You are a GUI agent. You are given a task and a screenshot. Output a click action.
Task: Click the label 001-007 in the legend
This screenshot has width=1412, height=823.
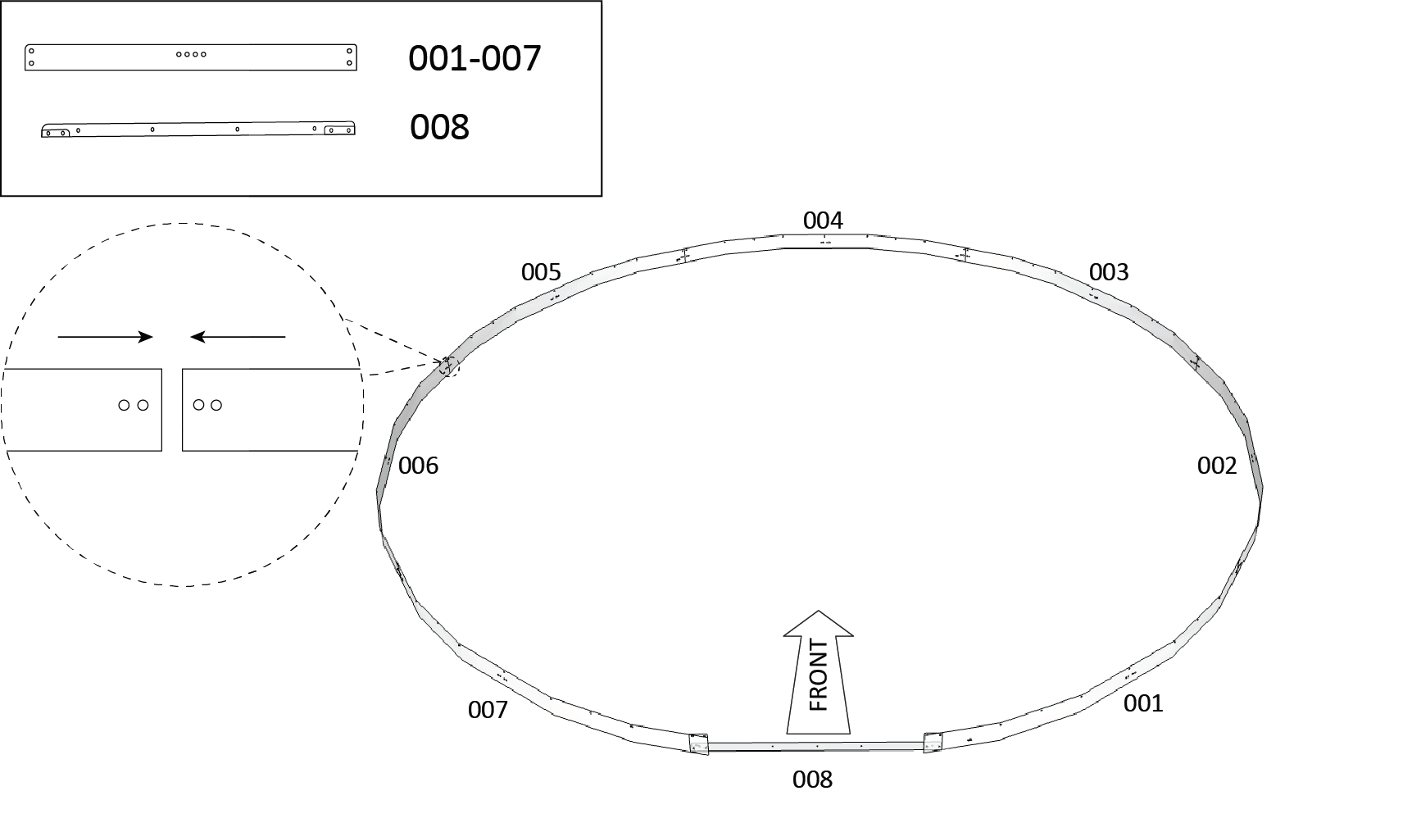coord(474,58)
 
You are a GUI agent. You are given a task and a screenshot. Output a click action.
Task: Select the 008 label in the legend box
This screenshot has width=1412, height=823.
coord(439,127)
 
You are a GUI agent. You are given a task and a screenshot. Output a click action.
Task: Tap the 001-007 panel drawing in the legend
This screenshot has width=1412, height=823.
coord(191,57)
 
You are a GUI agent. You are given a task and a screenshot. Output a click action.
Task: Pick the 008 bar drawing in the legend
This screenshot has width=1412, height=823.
coord(198,129)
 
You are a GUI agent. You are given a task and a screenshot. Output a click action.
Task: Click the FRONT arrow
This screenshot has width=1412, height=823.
coord(818,672)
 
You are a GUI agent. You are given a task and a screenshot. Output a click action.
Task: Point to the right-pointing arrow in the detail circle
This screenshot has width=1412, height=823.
coord(106,336)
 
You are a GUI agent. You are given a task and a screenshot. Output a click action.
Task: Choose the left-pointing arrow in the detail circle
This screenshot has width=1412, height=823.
coord(238,336)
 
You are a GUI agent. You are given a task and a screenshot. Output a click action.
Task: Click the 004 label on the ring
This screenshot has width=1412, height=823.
coord(823,221)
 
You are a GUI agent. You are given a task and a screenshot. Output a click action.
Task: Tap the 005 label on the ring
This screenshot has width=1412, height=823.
coord(541,272)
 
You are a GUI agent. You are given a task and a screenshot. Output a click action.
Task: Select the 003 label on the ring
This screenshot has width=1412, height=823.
coord(1109,272)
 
